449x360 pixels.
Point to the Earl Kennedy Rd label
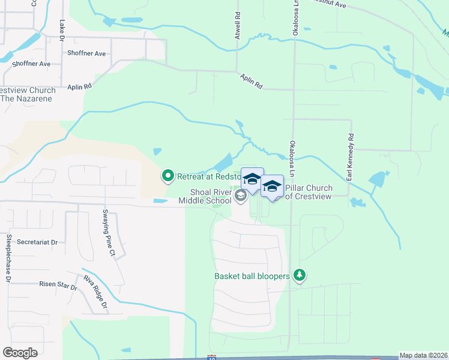[x=351, y=158]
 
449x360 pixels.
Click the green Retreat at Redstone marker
[x=168, y=176]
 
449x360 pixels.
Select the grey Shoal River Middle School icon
[x=241, y=196]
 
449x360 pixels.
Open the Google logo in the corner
[x=20, y=353]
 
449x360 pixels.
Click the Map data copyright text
[x=423, y=355]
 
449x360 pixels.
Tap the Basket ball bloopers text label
[x=252, y=277]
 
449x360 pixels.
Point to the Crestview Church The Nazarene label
[x=28, y=94]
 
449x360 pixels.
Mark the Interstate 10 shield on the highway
[x=211, y=358]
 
